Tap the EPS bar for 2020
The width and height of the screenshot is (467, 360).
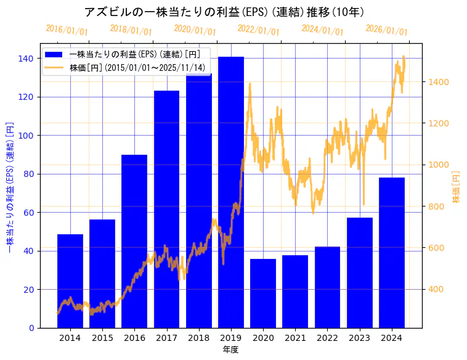[x=263, y=293]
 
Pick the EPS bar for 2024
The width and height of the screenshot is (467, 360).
[x=392, y=252]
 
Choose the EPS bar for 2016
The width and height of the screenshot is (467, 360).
[x=134, y=240]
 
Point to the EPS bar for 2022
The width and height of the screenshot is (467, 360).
[x=327, y=287]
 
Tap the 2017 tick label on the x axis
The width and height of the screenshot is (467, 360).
[x=166, y=338]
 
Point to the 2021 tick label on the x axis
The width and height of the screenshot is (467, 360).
[x=295, y=338]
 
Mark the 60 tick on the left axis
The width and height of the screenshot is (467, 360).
[x=28, y=213]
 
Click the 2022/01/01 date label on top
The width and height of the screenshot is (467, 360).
[x=258, y=30]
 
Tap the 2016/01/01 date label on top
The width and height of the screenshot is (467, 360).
[x=67, y=30]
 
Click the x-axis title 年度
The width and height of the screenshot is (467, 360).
[x=230, y=350]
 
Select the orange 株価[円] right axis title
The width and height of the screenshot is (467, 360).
[x=457, y=187]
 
